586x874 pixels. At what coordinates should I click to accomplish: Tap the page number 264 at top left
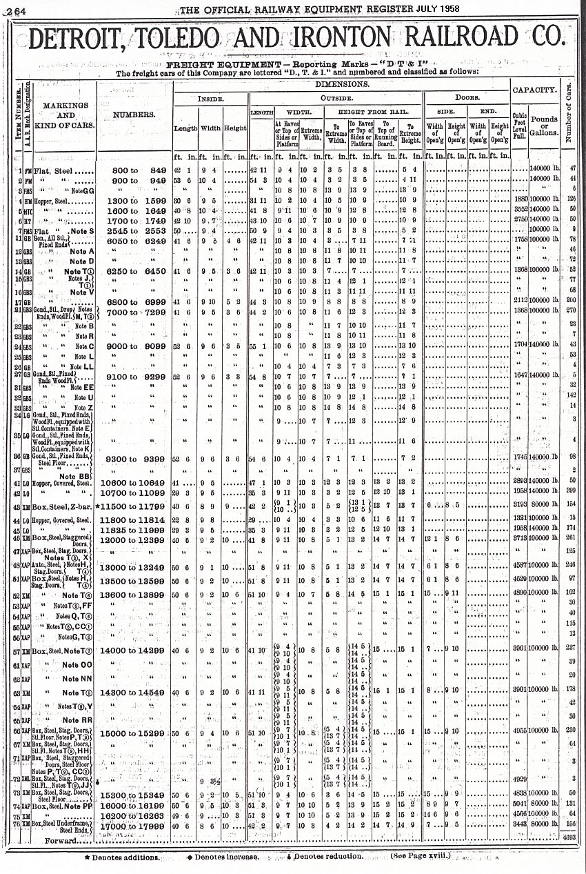coord(14,9)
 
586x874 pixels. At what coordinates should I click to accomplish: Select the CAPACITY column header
coord(534,90)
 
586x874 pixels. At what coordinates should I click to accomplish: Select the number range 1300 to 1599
coord(135,200)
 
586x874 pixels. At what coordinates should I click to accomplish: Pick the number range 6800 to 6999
coord(135,302)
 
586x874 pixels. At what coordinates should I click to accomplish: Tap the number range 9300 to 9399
coord(135,459)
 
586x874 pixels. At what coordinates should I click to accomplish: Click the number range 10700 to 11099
coord(135,494)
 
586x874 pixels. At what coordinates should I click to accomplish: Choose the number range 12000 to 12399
coord(135,538)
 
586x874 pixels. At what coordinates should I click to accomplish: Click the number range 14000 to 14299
coord(135,650)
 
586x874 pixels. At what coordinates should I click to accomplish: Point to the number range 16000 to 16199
coord(135,805)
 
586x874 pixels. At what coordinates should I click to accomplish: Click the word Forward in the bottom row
coord(61,840)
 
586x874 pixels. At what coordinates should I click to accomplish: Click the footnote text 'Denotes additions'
coord(125,857)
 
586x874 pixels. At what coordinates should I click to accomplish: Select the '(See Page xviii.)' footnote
coord(422,856)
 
